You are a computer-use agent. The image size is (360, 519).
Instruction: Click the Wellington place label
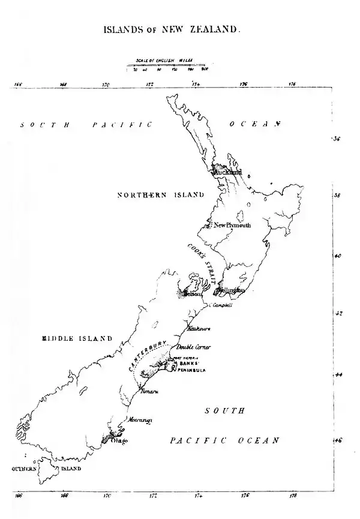232,290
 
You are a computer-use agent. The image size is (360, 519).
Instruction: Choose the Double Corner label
194,347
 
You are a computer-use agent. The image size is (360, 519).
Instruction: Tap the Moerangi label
140,420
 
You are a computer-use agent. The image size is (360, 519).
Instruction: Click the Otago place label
119,441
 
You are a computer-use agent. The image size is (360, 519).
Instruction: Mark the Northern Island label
160,195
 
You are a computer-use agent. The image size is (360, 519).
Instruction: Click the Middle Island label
77,338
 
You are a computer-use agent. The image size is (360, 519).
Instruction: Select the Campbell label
221,305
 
